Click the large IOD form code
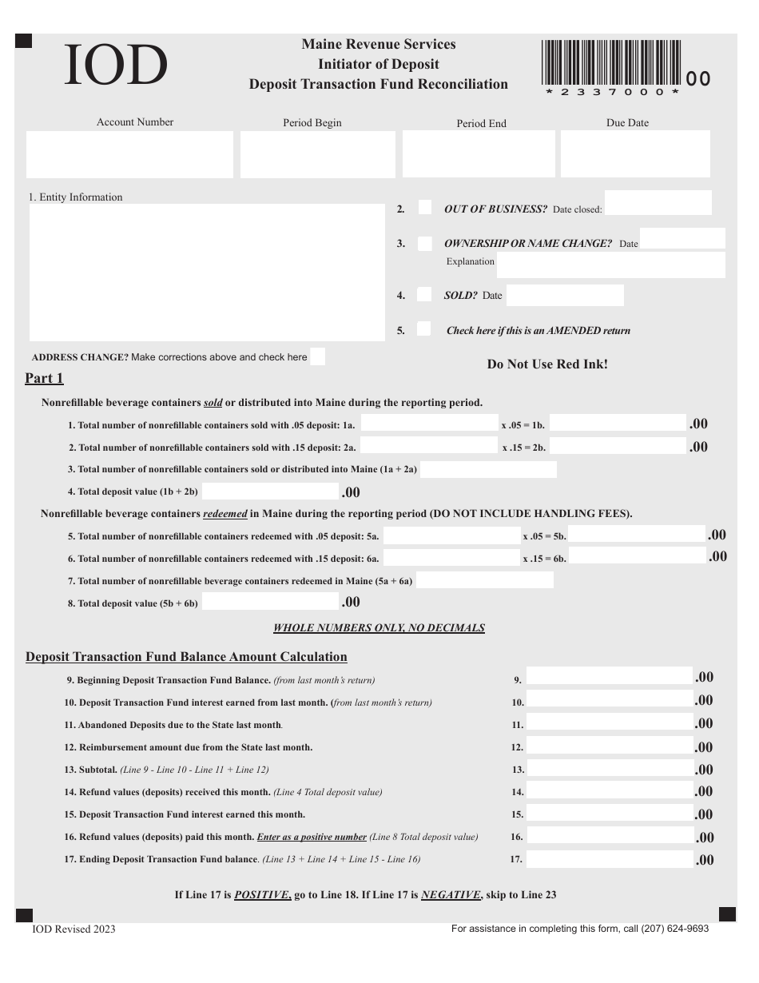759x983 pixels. point(116,66)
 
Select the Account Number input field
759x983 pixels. point(130,154)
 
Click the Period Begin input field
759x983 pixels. point(317,154)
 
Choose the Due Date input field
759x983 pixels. point(635,153)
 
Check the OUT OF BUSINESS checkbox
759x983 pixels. point(426,208)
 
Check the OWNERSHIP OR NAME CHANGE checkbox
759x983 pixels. point(426,243)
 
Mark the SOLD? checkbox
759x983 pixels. point(426,294)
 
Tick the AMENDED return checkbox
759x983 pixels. point(426,329)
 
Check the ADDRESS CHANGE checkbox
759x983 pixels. point(318,356)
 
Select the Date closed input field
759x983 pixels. point(658,203)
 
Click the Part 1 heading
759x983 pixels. point(44,378)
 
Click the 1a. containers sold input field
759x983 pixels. point(428,424)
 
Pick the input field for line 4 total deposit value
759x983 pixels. point(270,491)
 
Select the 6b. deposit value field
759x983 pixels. point(637,556)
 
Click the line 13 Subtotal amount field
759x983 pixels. point(609,769)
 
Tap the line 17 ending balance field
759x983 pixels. point(609,859)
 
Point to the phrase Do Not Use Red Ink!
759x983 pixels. point(547,364)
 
